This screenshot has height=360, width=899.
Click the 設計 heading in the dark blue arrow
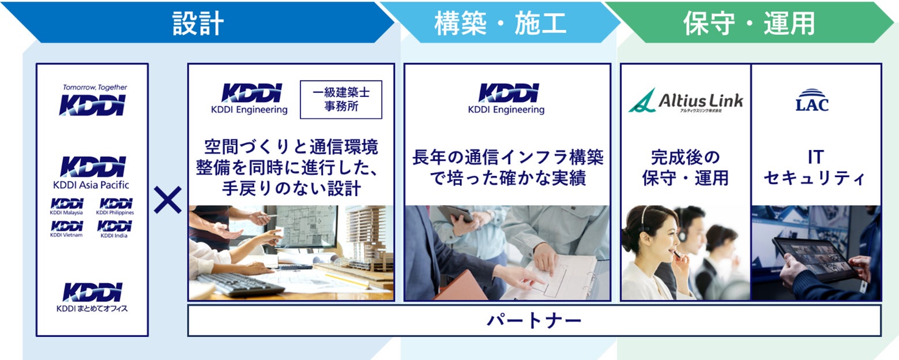pos(198,23)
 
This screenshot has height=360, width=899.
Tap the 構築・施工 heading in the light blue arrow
pos(500,23)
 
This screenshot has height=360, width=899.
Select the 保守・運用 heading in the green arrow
pos(749,23)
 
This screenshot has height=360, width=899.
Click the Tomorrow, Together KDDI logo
pos(93,100)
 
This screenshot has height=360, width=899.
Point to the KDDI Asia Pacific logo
pos(92,172)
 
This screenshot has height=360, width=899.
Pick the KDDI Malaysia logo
pos(67,207)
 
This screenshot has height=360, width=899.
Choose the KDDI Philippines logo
pos(115,207)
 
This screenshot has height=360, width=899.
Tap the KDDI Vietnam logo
pos(66,229)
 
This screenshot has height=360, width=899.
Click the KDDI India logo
pos(114,229)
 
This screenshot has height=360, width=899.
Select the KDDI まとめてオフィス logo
pos(92,297)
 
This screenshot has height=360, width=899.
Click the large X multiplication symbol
pos(168,200)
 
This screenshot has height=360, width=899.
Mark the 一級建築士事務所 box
pos(341,100)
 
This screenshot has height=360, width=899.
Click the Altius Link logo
pos(686,101)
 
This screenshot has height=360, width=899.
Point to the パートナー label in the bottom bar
pos(534,321)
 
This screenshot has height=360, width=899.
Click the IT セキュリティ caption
pos(815,167)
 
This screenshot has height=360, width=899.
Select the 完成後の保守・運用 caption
pos(685,167)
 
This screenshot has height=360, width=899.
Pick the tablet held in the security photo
pos(815,259)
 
